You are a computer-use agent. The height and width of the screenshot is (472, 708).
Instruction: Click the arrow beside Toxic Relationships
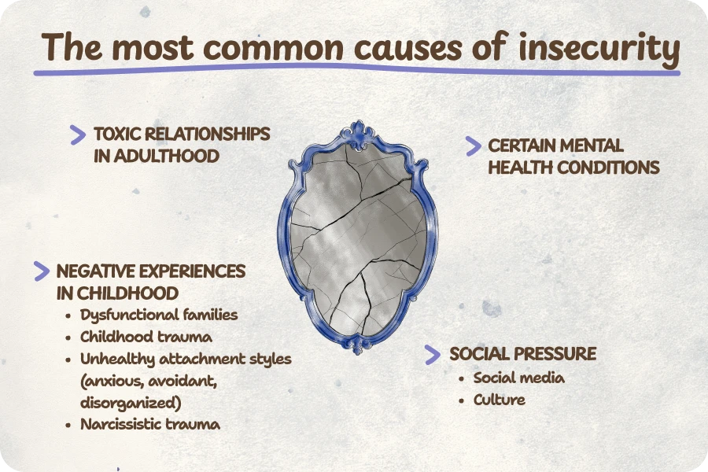(x=78, y=135)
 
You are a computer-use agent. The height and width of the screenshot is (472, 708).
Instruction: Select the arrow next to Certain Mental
(x=474, y=146)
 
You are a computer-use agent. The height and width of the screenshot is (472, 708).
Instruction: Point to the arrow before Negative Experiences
(x=42, y=271)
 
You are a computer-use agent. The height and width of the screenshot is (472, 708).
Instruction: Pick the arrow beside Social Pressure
(x=433, y=355)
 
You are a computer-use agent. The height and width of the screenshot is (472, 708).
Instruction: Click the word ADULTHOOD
(x=166, y=157)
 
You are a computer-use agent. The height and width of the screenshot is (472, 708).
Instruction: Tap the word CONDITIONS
(x=608, y=168)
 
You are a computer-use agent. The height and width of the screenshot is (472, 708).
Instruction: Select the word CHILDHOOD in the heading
(x=127, y=293)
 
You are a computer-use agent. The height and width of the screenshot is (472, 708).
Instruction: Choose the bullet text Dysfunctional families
(x=159, y=315)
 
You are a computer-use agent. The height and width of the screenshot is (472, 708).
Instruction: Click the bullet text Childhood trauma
(x=146, y=337)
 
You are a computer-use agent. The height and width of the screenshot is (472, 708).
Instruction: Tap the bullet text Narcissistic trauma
(x=150, y=424)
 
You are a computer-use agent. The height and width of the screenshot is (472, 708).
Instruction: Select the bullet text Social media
(x=519, y=378)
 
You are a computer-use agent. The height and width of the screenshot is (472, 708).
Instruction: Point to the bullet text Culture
(x=500, y=400)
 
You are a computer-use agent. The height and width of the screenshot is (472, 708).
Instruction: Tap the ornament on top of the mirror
(x=359, y=135)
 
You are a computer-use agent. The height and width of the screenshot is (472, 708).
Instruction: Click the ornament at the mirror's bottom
(x=359, y=345)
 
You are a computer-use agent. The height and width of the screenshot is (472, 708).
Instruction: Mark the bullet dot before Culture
(x=462, y=400)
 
